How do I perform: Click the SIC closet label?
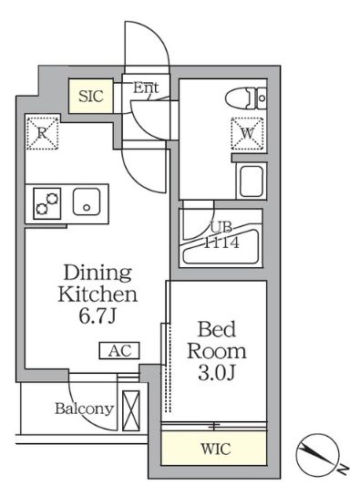click(x=91, y=95)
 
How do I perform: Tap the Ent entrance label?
click(x=146, y=88)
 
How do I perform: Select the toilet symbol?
click(x=247, y=96)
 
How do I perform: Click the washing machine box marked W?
click(x=247, y=133)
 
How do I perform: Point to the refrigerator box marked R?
click(x=42, y=133)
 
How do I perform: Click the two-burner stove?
click(x=46, y=202)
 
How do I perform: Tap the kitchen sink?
click(x=87, y=201)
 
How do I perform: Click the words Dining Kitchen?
click(x=98, y=284)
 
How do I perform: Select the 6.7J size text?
click(x=98, y=317)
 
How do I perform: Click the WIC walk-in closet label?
click(x=216, y=449)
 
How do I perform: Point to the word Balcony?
click(x=83, y=408)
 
